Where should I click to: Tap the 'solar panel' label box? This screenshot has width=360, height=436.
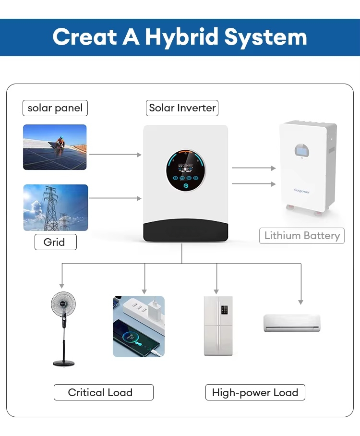(55, 108)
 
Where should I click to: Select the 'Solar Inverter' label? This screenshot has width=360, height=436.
(182, 108)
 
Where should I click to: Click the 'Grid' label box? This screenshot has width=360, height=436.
(55, 242)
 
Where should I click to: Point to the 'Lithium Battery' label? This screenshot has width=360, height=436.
(302, 236)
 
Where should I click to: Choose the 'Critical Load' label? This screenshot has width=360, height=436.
(100, 392)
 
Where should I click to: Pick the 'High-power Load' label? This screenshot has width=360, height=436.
(255, 392)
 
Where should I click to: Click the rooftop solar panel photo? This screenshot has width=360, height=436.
(55, 147)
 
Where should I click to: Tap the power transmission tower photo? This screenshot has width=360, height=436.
(56, 207)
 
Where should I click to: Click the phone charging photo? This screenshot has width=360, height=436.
(138, 326)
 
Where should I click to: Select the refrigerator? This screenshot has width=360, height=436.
(218, 326)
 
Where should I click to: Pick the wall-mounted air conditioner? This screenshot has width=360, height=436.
(291, 323)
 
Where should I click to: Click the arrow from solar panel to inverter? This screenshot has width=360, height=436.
(115, 155)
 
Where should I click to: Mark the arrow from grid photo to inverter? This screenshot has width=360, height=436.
(115, 198)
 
